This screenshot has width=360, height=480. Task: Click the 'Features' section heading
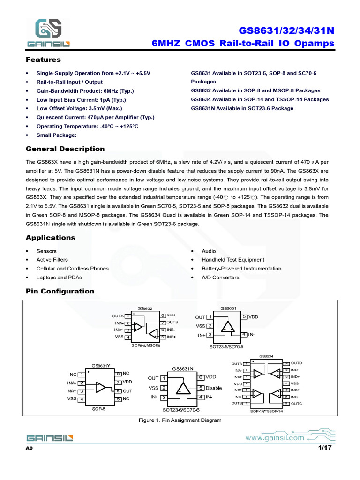[43, 60]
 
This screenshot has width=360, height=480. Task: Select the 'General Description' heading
[65, 149]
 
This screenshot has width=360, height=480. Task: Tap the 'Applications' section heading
[50, 238]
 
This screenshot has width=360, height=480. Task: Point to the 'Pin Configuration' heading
[60, 291]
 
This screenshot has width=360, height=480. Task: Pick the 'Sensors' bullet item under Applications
[46, 251]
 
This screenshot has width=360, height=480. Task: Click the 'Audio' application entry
[209, 251]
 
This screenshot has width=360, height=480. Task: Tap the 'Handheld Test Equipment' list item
[233, 260]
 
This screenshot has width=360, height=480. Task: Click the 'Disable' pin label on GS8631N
[214, 388]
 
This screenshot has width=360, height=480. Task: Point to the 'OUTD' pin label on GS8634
[297, 363]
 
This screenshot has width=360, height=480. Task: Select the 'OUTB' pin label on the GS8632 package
[172, 322]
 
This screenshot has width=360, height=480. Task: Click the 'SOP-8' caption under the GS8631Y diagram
[99, 409]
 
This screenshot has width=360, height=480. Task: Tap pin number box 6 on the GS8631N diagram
[201, 377]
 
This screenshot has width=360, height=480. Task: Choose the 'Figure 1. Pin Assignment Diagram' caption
[180, 420]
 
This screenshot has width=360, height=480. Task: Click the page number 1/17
[325, 448]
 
